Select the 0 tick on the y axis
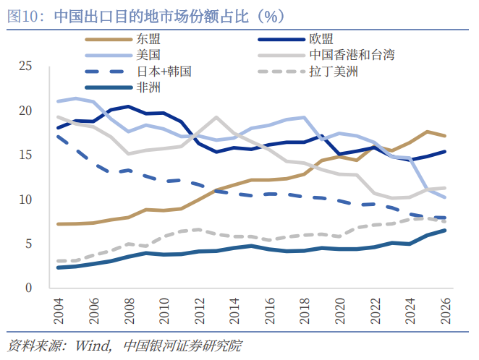[x=29, y=287]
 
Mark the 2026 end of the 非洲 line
[x=444, y=231]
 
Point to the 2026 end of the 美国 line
[x=444, y=197]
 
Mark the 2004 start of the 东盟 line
[x=57, y=224]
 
